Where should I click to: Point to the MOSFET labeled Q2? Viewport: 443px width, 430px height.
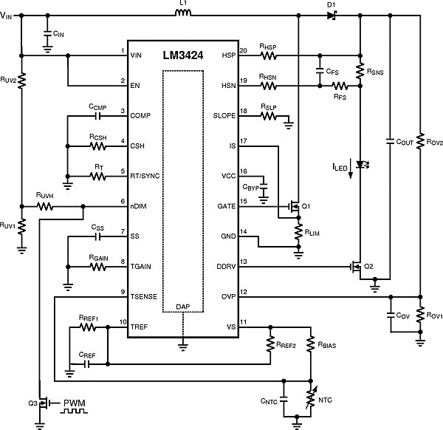[357, 267]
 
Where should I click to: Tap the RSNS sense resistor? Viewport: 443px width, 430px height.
[359, 71]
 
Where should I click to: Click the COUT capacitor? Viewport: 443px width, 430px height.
[389, 138]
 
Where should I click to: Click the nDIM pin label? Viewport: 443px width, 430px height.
[140, 208]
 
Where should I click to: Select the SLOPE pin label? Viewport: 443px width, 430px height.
[224, 115]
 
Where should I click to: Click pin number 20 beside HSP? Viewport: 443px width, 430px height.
[243, 51]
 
